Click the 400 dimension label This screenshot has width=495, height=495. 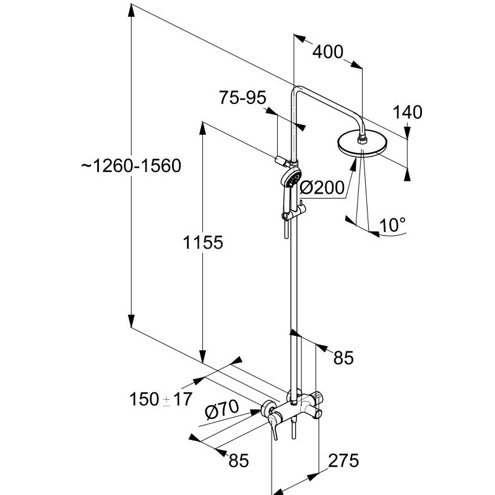pyautogui.click(x=327, y=52)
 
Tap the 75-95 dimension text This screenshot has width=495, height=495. pyautogui.click(x=243, y=98)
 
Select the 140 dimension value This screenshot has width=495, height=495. pyautogui.click(x=407, y=113)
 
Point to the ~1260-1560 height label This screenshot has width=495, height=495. pyautogui.click(x=131, y=166)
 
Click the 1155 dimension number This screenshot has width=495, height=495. pyautogui.click(x=203, y=243)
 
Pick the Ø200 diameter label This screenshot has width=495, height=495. pyautogui.click(x=322, y=188)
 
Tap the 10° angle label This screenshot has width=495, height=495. pyautogui.click(x=392, y=225)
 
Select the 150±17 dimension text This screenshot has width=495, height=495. pyautogui.click(x=161, y=399)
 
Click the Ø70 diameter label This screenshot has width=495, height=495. pyautogui.click(x=222, y=410)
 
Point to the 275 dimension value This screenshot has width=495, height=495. pyautogui.click(x=343, y=460)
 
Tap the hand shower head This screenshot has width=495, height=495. pyautogui.click(x=291, y=179)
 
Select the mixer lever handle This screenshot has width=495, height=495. pyautogui.click(x=272, y=424)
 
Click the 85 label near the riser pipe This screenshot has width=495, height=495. pyautogui.click(x=343, y=358)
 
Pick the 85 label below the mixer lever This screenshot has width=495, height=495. pyautogui.click(x=239, y=460)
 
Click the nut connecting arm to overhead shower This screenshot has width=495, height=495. pyautogui.click(x=362, y=139)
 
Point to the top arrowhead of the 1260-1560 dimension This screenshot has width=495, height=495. pyautogui.click(x=131, y=9)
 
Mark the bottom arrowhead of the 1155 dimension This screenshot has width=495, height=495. pyautogui.click(x=203, y=357)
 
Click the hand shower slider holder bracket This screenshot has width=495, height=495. pyautogui.click(x=293, y=213)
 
